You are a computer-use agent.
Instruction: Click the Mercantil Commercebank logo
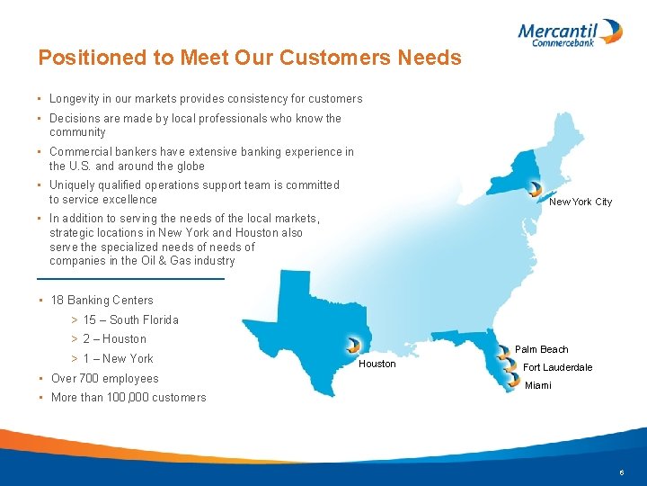click(570, 32)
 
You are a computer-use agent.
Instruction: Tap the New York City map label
click(581, 202)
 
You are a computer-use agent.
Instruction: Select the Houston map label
click(377, 364)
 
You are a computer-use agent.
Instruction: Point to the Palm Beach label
click(541, 349)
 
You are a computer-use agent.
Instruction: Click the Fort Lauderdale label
click(558, 367)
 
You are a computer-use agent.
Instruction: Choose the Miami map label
click(538, 385)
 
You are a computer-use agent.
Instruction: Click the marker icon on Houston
click(353, 345)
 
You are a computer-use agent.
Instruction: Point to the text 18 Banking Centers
click(102, 301)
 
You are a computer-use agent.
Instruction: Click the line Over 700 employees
click(104, 379)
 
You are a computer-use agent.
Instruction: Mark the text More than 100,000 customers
click(129, 398)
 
